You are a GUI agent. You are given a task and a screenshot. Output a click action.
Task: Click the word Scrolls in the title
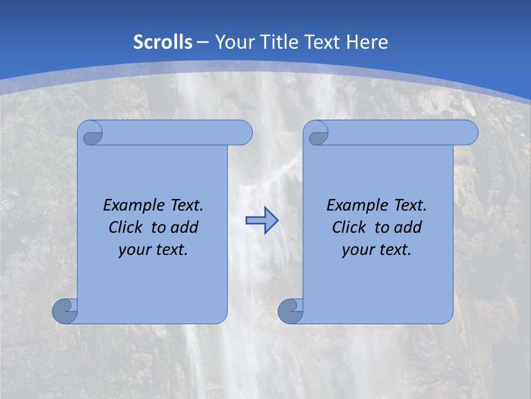tap(163, 42)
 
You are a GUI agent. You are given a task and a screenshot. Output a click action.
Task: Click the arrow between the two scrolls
tap(262, 221)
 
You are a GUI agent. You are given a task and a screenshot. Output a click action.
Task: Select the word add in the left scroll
tap(184, 227)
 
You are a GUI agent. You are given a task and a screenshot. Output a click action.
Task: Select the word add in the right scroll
tap(408, 227)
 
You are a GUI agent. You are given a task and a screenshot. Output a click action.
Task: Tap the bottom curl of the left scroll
tap(65, 311)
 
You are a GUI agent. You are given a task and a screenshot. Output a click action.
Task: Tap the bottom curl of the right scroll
tap(290, 311)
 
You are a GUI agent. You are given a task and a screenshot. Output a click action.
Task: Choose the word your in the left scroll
tap(134, 250)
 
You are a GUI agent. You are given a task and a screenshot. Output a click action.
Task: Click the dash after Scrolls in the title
tap(202, 42)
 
